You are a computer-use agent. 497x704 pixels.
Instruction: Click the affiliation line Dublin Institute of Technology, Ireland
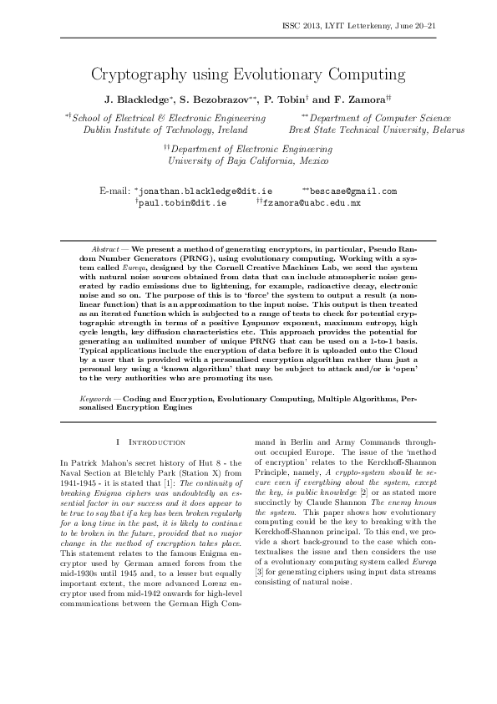pyautogui.click(x=165, y=130)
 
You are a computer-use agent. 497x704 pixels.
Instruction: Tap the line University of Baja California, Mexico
pyautogui.click(x=249, y=160)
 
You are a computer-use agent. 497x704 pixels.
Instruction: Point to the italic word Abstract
pyautogui.click(x=104, y=250)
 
